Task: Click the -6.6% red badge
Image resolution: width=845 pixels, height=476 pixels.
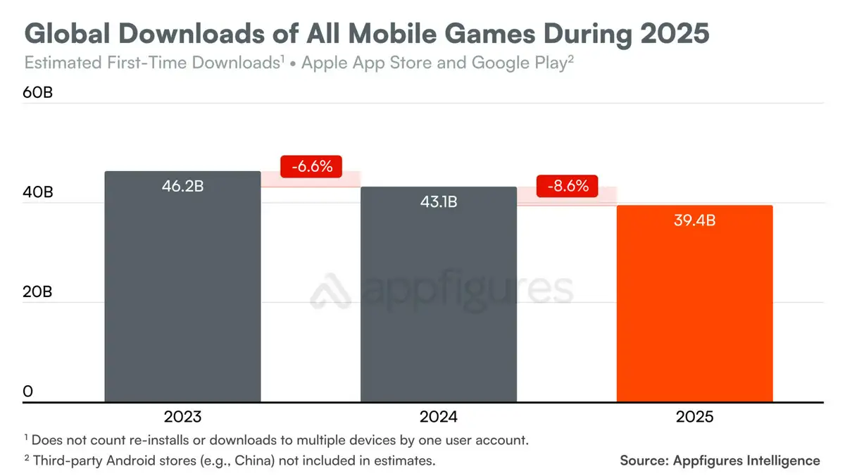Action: coord(311,167)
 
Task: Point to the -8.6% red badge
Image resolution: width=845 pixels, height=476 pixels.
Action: coord(567,187)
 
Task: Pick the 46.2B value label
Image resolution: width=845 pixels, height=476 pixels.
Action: coord(182,188)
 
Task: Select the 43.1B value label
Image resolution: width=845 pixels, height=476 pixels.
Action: coord(438,203)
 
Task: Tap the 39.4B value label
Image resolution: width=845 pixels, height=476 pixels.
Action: coord(694,221)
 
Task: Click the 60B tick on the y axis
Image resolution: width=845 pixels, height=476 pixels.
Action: coord(38,93)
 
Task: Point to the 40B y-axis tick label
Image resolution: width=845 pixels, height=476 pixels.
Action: coord(38,192)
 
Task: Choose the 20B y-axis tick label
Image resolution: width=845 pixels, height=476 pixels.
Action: coord(38,292)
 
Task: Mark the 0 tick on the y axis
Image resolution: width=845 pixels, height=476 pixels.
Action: coord(28,392)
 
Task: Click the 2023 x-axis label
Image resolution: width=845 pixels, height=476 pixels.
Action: coord(182,417)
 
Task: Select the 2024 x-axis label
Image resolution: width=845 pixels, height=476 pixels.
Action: coord(438,417)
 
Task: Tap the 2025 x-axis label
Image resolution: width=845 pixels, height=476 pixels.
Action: coord(694,417)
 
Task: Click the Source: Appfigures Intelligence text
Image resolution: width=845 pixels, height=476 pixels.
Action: coord(720,461)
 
